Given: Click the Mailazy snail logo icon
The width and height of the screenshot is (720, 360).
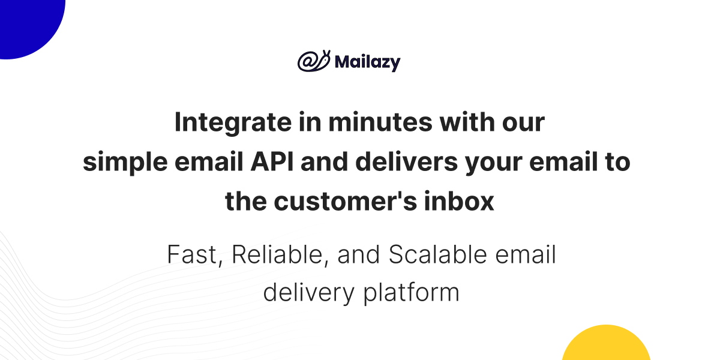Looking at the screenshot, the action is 314,61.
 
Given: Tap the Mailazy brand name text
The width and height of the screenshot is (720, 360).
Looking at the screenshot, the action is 367,62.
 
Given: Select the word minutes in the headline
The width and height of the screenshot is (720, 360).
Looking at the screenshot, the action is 380,122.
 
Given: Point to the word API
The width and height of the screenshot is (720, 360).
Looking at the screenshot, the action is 272,161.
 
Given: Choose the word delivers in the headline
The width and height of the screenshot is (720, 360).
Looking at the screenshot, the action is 407,161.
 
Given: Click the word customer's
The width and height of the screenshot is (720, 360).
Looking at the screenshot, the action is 346,202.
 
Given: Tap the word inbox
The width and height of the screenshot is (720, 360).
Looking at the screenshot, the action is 459,201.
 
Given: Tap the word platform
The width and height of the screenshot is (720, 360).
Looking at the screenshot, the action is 412,293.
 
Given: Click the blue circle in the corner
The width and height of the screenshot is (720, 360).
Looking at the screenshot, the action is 29,26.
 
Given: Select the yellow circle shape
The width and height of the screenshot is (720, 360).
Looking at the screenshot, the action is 606,344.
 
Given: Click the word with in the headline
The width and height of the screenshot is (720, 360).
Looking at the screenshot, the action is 467,122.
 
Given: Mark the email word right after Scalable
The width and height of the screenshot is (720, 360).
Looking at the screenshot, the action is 526,254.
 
